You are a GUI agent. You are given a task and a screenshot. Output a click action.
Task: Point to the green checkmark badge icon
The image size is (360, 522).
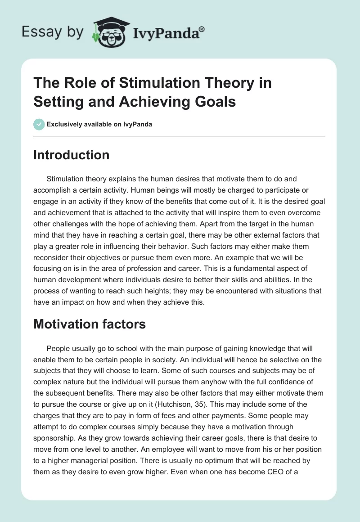pos(39,124)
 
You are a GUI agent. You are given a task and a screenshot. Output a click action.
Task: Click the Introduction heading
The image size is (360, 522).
pos(71,155)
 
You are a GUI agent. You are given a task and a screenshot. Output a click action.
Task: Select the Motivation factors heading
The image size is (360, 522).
pos(90,324)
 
